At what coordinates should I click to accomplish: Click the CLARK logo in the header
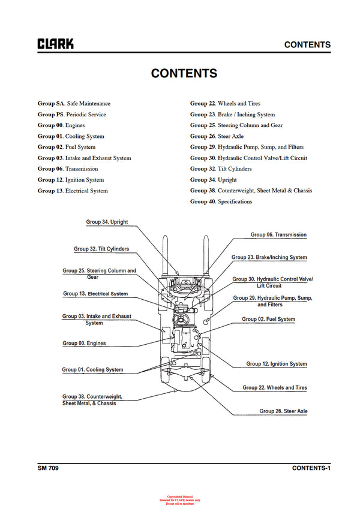click(x=56, y=44)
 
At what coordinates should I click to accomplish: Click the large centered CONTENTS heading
click(x=184, y=73)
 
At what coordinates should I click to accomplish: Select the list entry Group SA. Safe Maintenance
click(x=74, y=104)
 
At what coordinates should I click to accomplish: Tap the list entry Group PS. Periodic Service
click(x=72, y=115)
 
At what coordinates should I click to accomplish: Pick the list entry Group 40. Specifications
click(x=221, y=202)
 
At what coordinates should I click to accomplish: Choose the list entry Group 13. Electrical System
click(x=73, y=191)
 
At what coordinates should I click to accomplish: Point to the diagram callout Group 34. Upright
click(x=107, y=222)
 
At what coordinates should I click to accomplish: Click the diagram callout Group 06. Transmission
click(x=278, y=235)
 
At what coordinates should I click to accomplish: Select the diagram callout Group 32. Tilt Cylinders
click(x=101, y=249)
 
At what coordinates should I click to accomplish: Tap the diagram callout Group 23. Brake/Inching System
click(x=269, y=257)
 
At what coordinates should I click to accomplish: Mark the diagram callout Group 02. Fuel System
click(x=268, y=320)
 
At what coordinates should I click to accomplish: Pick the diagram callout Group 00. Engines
click(x=84, y=344)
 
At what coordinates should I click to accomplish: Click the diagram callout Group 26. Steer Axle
click(x=283, y=411)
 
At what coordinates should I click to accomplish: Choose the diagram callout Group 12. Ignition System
click(x=277, y=364)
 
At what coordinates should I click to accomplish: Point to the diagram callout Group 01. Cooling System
click(x=92, y=370)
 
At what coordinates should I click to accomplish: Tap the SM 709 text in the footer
click(x=48, y=468)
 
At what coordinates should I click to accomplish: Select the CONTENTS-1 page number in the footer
click(x=311, y=468)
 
